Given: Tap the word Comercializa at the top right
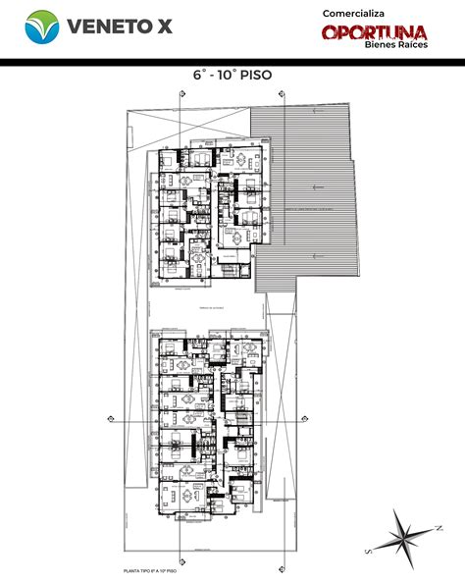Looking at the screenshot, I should (x=356, y=12).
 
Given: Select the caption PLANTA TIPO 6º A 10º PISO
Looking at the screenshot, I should (x=151, y=569).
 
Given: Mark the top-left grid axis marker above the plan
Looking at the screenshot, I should (x=181, y=93).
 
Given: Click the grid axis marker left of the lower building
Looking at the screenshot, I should (x=115, y=420).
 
